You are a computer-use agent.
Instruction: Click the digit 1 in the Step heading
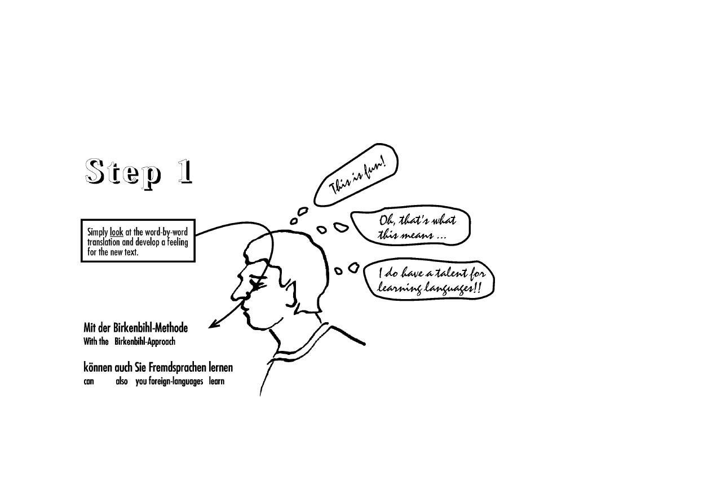(x=185, y=172)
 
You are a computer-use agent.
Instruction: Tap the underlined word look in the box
(x=116, y=232)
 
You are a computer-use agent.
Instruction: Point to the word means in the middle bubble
(x=417, y=235)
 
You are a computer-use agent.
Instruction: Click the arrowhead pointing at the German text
(x=214, y=324)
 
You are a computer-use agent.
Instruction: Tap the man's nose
(x=235, y=293)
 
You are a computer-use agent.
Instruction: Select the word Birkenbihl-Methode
(x=151, y=328)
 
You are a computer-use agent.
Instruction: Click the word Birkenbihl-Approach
(x=145, y=342)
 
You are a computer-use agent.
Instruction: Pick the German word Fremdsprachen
(x=178, y=367)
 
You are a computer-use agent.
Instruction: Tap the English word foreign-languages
(x=176, y=381)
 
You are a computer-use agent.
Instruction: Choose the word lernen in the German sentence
(x=221, y=367)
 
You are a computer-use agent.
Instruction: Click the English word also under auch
(x=121, y=381)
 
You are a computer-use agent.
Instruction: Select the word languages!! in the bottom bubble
(x=452, y=288)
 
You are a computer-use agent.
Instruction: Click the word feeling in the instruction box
(x=178, y=242)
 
